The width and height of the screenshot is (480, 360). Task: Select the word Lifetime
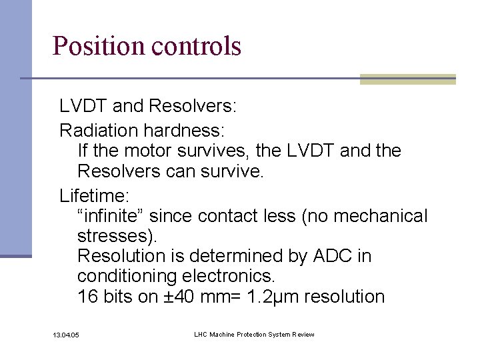(95, 196)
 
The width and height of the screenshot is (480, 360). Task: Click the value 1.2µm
(269, 297)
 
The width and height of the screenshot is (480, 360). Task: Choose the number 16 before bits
(87, 297)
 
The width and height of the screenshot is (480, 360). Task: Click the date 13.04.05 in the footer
(65, 334)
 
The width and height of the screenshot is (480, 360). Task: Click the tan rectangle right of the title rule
(407, 79)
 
